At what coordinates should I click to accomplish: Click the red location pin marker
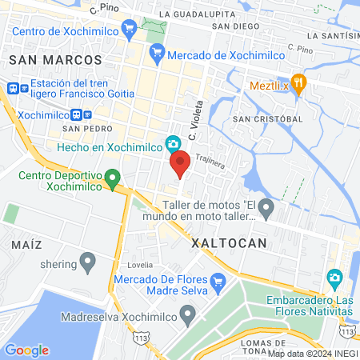[x=180, y=163]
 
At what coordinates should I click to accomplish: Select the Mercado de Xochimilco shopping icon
[x=157, y=54]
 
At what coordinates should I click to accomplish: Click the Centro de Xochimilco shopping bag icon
[x=130, y=31]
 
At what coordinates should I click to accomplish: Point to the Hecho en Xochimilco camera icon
[x=172, y=144]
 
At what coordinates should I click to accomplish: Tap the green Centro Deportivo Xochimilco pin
[x=113, y=176]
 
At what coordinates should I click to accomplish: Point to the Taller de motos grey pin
[x=266, y=210]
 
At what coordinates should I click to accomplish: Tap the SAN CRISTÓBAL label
[x=266, y=118]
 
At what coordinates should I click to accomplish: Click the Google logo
[x=26, y=350]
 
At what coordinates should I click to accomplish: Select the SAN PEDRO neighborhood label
[x=83, y=127]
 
